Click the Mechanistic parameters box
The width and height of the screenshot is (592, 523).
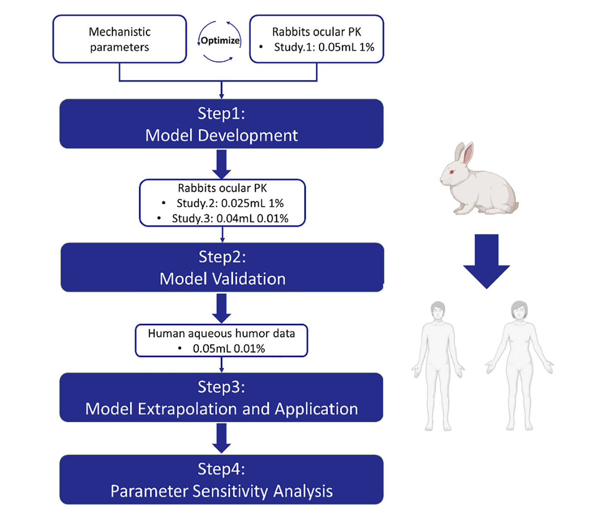pos(120,39)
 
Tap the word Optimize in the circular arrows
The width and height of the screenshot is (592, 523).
pos(220,41)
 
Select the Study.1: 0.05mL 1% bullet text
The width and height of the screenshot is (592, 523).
pos(324,47)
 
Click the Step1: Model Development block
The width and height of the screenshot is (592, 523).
pos(221,124)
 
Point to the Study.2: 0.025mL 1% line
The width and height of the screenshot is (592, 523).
pos(230,203)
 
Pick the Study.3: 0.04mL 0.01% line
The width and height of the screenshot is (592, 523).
pos(230,218)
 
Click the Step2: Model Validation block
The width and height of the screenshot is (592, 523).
pos(222,268)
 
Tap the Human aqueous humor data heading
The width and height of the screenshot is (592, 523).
pos(221,333)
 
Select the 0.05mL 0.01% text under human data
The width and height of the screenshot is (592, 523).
pos(229,348)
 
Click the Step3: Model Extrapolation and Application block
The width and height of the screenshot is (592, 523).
pos(221,398)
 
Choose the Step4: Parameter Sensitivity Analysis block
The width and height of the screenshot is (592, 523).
pos(221,480)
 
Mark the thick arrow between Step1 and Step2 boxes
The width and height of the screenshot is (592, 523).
pos(221,164)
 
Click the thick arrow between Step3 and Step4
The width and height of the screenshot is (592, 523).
pos(221,438)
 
